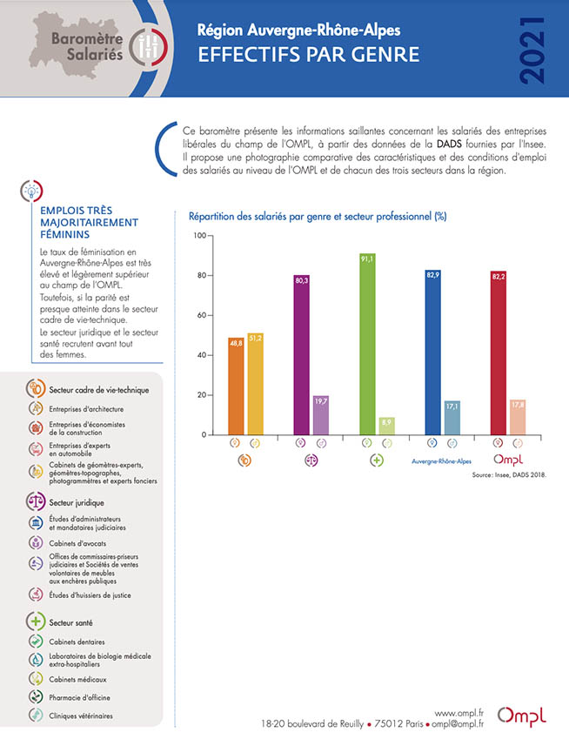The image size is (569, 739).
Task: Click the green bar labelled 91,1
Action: point(367,344)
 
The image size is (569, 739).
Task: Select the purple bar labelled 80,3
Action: point(301,355)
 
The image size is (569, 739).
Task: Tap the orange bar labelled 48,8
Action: point(236,386)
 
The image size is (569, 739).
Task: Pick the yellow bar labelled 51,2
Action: point(255,384)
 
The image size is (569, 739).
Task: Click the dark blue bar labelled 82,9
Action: point(433,353)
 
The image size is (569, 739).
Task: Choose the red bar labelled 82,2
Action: point(499,353)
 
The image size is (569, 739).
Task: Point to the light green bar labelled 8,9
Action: point(386,426)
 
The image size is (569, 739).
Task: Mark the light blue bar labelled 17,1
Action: point(452,418)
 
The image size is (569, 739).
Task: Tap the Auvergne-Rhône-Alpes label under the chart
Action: point(441,461)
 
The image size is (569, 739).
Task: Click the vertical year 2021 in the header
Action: point(533,50)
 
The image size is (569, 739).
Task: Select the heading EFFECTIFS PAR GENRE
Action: point(309,55)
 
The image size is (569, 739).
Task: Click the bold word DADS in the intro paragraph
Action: point(449,144)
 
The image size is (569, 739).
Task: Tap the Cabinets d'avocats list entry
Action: point(77,543)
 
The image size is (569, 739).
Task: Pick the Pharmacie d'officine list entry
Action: point(79,697)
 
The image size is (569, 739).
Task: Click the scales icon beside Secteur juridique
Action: point(36,501)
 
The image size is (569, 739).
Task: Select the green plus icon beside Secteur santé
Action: point(36,621)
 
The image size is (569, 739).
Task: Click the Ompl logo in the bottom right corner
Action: point(522,715)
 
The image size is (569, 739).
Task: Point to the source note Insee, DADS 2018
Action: point(509,475)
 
